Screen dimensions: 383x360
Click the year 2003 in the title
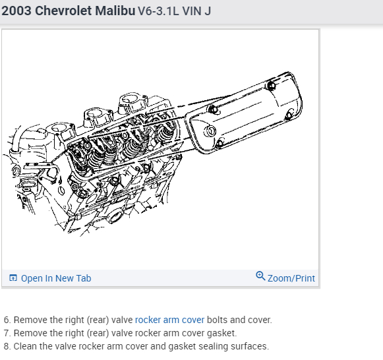pyautogui.click(x=16, y=11)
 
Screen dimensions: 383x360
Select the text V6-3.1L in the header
pyautogui.click(x=158, y=11)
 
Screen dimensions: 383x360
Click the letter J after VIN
pyautogui.click(x=208, y=11)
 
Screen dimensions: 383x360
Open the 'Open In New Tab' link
pyautogui.click(x=56, y=278)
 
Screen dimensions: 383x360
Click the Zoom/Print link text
pyautogui.click(x=291, y=278)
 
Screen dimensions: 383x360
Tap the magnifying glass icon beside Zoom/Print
pyautogui.click(x=260, y=276)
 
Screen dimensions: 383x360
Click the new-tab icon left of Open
pyautogui.click(x=13, y=278)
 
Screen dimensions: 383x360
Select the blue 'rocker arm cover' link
pyautogui.click(x=169, y=320)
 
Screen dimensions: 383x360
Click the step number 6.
pyautogui.click(x=6, y=320)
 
